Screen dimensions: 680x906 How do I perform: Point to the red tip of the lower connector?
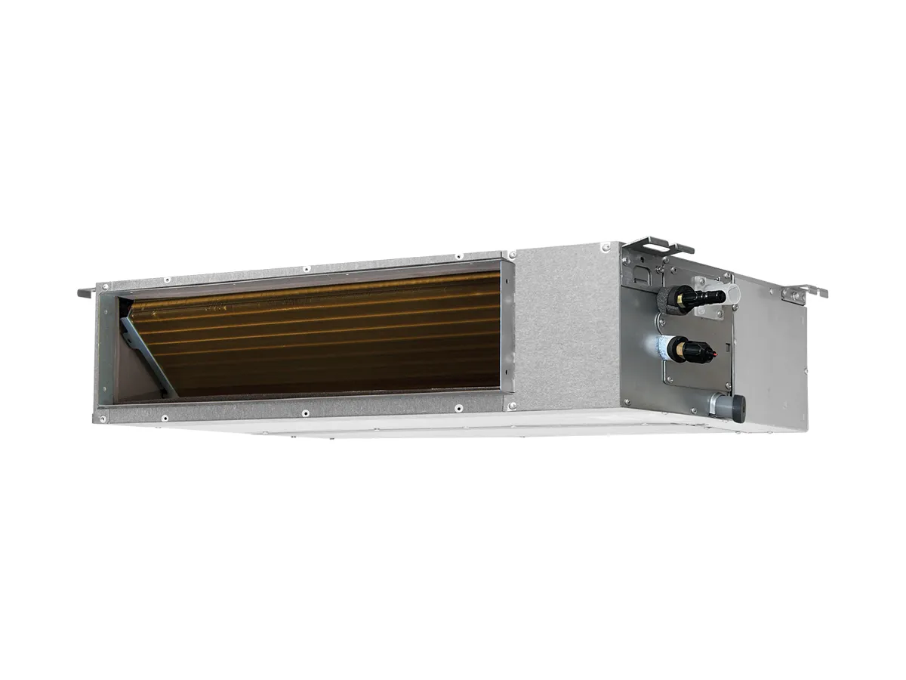click(x=709, y=349)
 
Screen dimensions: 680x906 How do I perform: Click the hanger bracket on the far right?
click(x=801, y=292)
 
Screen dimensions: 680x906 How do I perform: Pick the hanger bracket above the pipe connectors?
click(x=656, y=246)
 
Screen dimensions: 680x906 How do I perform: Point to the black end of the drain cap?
click(x=739, y=403)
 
